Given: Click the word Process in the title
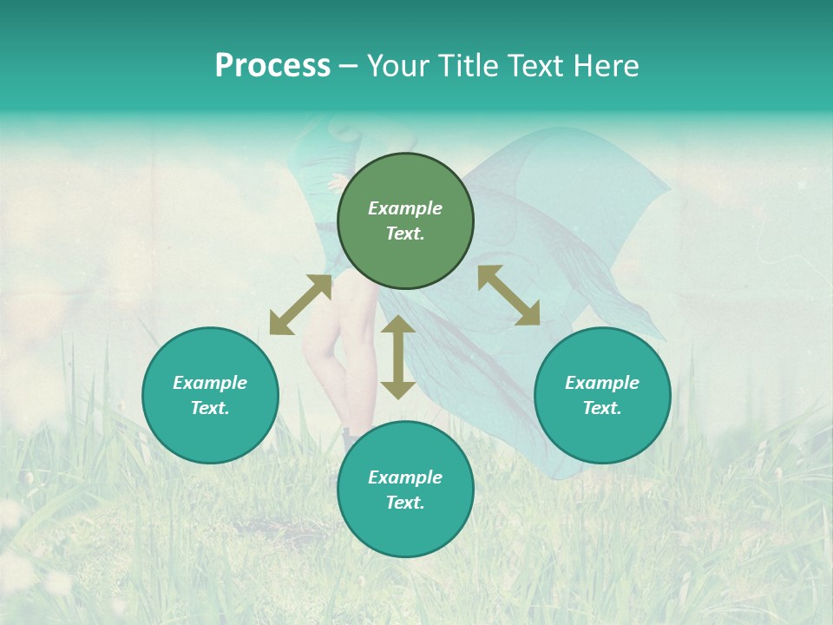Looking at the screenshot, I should [x=272, y=66].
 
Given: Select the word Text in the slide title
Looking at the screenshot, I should [x=535, y=66].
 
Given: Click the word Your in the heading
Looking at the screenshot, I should [x=398, y=66].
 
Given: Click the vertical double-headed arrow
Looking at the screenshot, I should [x=398, y=357].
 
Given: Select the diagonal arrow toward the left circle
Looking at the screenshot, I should [x=300, y=305].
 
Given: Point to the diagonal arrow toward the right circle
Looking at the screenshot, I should [x=508, y=295].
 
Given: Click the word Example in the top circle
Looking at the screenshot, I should [x=405, y=208].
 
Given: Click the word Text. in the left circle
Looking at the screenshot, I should [x=210, y=408].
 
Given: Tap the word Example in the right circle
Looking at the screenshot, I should [x=602, y=383].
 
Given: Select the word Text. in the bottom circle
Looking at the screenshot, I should [x=405, y=503].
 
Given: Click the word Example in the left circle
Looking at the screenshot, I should [x=210, y=383].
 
